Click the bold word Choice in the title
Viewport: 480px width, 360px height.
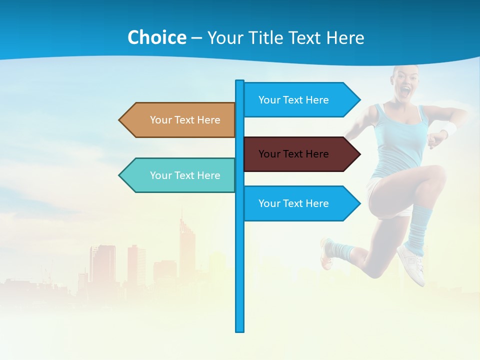(x=156, y=37)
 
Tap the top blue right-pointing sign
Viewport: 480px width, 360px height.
(x=300, y=100)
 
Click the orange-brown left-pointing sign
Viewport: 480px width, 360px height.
(x=180, y=120)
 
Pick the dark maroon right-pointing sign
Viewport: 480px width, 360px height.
(x=300, y=154)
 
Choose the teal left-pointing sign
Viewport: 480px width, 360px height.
(x=180, y=175)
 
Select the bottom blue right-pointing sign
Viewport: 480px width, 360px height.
(x=300, y=203)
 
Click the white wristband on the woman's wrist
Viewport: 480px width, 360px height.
(x=449, y=129)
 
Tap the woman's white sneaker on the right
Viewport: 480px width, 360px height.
(x=412, y=262)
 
